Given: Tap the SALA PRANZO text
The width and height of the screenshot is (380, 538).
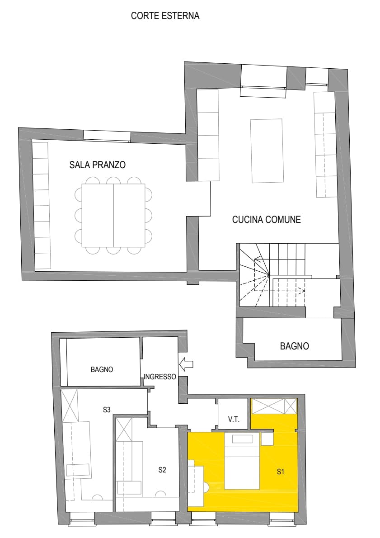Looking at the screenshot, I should [97, 165].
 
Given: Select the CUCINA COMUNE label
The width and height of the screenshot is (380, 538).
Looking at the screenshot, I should [266, 220].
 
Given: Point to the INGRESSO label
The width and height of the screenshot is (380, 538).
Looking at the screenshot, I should [160, 377].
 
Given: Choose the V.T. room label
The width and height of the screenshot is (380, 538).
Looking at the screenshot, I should [234, 420].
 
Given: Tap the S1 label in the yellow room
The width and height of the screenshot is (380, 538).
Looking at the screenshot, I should [281, 472].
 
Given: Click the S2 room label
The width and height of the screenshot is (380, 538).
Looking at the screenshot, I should [163, 470].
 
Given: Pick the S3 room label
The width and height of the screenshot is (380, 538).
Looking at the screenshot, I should [107, 410].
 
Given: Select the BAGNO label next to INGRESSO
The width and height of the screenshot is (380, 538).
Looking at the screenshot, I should [102, 369].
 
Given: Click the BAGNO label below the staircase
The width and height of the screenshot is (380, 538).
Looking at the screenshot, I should [295, 347].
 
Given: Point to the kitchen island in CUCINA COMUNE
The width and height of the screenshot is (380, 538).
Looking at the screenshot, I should [267, 150].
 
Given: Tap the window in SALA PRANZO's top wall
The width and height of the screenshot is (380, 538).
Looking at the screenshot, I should [107, 135].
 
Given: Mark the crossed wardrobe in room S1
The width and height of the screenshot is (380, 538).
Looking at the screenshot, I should [273, 406].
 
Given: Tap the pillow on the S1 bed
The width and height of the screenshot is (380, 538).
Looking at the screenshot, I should [243, 439].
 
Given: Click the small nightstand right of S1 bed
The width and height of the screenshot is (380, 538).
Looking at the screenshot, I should [267, 439].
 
